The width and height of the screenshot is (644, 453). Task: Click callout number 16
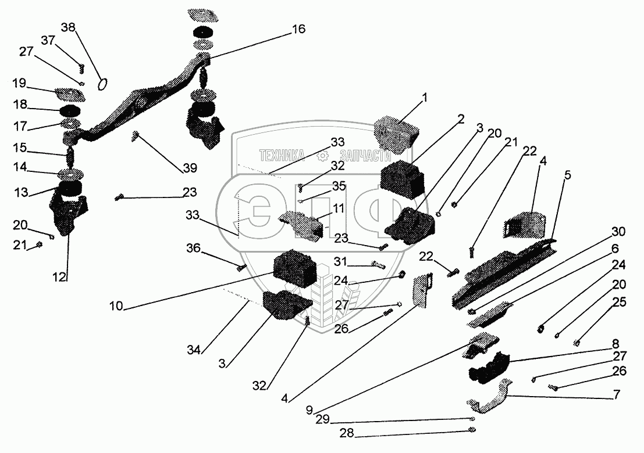tap(298, 29)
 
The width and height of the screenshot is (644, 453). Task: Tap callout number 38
tap(68, 27)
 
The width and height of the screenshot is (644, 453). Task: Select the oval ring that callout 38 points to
tap(102, 84)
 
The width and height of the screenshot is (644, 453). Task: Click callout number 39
tap(190, 168)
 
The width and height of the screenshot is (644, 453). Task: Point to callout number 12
tap(59, 277)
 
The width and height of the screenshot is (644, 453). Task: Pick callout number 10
tap(116, 306)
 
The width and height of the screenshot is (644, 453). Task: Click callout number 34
tap(194, 350)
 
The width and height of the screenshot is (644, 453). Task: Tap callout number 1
tap(425, 98)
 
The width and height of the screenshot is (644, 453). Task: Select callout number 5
tap(567, 175)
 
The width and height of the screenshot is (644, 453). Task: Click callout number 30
tap(618, 232)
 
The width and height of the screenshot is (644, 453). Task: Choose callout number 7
tap(615, 395)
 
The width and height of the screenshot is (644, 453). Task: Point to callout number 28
tap(347, 433)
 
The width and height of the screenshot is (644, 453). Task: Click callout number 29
tap(323, 419)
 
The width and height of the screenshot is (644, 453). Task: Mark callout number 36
tap(194, 248)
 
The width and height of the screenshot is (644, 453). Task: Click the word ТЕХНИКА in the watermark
tap(282, 155)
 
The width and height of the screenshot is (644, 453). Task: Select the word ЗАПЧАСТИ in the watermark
tap(365, 156)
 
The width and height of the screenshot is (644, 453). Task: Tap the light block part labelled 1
tap(396, 134)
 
